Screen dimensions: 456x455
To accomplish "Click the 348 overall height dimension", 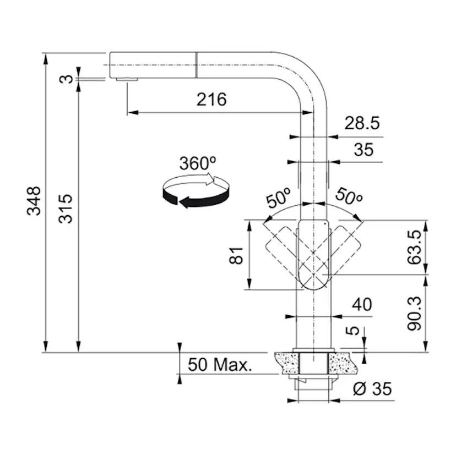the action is (34, 201).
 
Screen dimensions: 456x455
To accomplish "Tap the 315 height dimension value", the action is (66, 209).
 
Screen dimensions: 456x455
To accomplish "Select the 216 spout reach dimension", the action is (211, 100).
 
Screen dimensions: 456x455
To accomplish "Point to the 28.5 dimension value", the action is (362, 123).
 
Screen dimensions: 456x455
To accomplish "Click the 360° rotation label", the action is (198, 163).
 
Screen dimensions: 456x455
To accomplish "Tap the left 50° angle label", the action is (278, 198).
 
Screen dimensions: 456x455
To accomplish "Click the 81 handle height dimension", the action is (236, 255).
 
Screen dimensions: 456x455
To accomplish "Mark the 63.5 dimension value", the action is (414, 247).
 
